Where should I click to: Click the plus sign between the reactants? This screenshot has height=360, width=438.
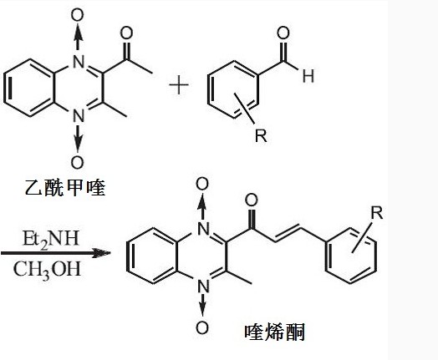tap(179, 85)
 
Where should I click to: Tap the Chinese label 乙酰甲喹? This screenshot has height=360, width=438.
tap(65, 187)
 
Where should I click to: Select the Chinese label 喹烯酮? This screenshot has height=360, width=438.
tap(275, 332)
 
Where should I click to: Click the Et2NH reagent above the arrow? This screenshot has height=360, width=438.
tap(50, 239)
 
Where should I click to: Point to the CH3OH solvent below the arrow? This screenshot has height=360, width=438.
tap(47, 270)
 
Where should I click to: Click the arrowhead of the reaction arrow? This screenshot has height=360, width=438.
tap(102, 253)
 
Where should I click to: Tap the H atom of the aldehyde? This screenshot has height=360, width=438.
tap(308, 76)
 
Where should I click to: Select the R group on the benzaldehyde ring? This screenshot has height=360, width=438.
tap(261, 135)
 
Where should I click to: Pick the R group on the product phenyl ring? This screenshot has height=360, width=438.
tap(376, 212)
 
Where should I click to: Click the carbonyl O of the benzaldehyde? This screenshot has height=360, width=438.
tap(283, 33)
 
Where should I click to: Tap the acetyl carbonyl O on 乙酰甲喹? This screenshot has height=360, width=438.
tap(126, 33)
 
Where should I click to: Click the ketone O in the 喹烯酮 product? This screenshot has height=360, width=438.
tap(251, 200)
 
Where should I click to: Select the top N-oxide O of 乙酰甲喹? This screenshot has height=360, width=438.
tap(78, 15)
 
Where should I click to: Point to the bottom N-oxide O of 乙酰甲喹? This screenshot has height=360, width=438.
tap(78, 162)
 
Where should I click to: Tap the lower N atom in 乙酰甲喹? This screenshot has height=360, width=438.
tap(79, 115)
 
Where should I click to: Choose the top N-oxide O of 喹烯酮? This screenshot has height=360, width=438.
tap(202, 184)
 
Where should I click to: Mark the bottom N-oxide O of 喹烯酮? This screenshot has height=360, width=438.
tap(202, 327)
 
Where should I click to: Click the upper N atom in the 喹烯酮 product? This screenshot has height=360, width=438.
tap(203, 229)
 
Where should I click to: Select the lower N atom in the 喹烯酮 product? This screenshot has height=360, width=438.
tap(203, 286)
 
